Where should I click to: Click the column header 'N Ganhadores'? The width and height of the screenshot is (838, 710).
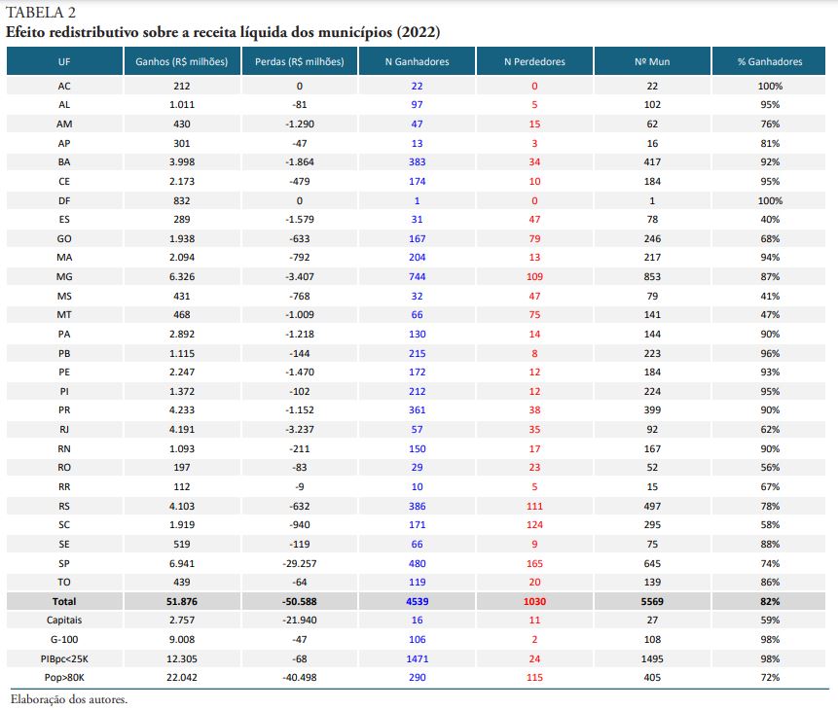click(x=417, y=61)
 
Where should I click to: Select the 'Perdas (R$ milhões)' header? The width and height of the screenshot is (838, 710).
click(x=300, y=61)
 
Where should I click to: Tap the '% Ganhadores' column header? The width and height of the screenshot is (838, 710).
click(x=770, y=61)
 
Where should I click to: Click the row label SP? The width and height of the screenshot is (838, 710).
click(x=64, y=563)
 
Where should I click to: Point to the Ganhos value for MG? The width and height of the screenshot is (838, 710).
click(x=182, y=277)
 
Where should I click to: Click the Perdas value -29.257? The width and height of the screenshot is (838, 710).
click(x=300, y=563)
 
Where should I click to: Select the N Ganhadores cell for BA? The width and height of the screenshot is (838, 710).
click(x=417, y=161)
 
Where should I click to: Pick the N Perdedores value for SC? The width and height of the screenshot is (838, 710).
click(x=534, y=524)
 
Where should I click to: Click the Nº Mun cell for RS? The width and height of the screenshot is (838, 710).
click(x=652, y=506)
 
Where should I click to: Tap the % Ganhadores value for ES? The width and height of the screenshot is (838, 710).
click(x=770, y=219)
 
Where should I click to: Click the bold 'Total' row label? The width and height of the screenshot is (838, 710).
click(x=64, y=601)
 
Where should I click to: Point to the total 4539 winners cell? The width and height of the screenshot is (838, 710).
click(x=417, y=601)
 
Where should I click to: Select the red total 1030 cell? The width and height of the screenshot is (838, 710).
click(x=534, y=601)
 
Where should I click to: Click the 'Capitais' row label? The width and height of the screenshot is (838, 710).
click(x=64, y=620)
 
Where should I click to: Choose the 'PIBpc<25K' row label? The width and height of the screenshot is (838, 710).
click(x=64, y=658)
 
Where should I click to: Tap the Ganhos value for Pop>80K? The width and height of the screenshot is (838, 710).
click(x=182, y=677)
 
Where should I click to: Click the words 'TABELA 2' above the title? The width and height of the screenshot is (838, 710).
click(x=41, y=12)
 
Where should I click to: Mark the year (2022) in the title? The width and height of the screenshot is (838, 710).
click(x=419, y=32)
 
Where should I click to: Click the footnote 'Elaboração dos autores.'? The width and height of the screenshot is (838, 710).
click(x=69, y=698)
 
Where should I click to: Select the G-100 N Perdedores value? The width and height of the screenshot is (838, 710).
click(x=534, y=639)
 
